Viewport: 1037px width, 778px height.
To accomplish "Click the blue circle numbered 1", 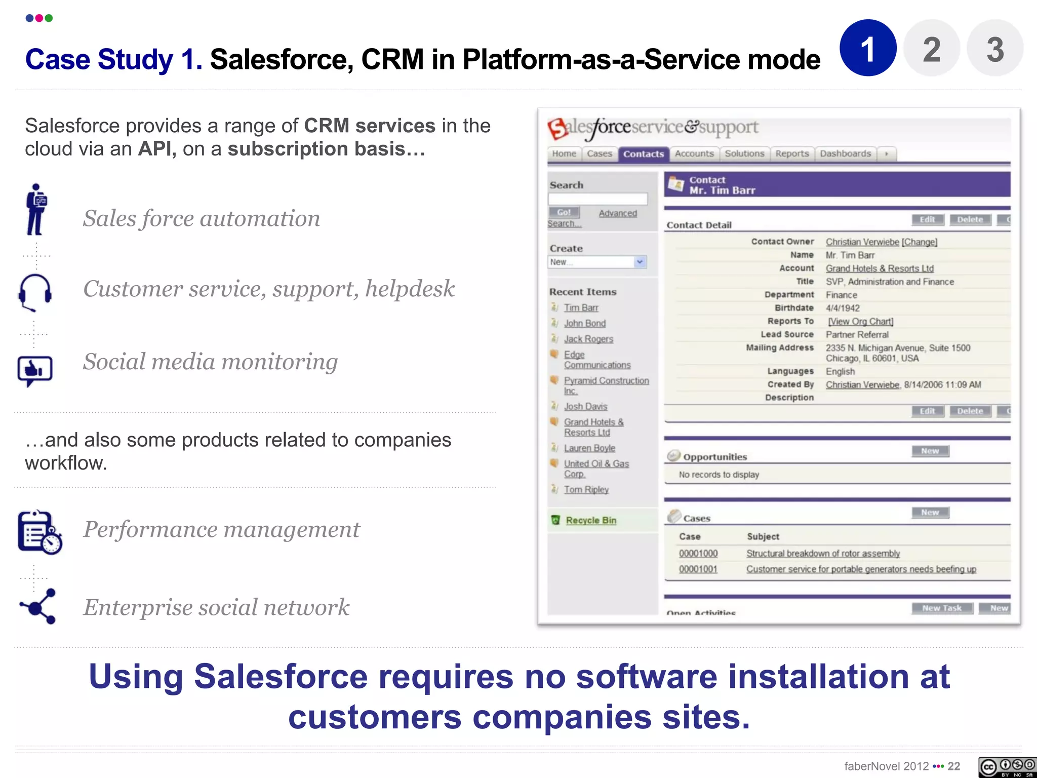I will [868, 48].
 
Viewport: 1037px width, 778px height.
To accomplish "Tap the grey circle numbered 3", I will [994, 48].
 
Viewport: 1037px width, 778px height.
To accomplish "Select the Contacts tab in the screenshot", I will [643, 154].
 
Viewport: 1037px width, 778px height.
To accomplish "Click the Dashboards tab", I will [845, 153].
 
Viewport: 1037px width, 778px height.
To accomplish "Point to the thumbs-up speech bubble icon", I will [34, 370].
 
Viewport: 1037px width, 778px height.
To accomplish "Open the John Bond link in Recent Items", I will [585, 323].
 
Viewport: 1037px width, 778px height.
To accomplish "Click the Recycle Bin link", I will [591, 520].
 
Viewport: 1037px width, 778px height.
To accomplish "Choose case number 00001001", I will [698, 569].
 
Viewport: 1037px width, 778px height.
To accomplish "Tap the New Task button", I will [942, 608].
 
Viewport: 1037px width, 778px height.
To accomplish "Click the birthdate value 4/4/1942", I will [843, 308].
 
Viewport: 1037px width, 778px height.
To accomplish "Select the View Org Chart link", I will [860, 322].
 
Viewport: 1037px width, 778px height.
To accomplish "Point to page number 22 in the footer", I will [954, 766].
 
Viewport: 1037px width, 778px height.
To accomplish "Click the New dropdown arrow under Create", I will [640, 262].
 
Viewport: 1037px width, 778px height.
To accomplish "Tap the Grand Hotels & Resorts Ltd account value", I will [880, 268].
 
